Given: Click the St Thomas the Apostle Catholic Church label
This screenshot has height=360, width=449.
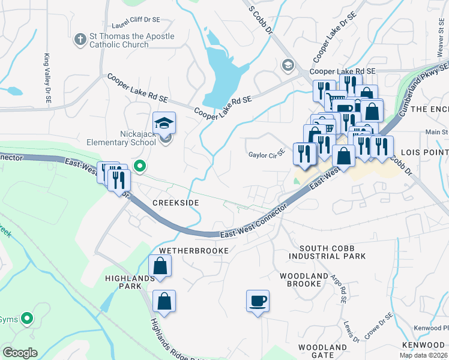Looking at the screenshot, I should pyautogui.click(x=132, y=40).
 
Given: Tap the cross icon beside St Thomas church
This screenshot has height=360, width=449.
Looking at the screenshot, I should pyautogui.click(x=80, y=40).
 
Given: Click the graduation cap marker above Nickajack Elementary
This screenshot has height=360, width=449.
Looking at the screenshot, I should pyautogui.click(x=164, y=123).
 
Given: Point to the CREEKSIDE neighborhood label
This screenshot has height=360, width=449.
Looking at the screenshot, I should pyautogui.click(x=175, y=203).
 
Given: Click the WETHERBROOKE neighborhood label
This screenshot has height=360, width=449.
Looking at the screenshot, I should pyautogui.click(x=193, y=250).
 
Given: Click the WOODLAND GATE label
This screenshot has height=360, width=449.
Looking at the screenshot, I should pyautogui.click(x=322, y=351).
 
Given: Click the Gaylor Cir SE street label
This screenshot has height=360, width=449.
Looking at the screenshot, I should pyautogui.click(x=266, y=155).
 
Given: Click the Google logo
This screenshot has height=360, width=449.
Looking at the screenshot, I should pyautogui.click(x=20, y=353).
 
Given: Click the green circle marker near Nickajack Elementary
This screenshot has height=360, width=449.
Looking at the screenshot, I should pyautogui.click(x=140, y=166).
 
